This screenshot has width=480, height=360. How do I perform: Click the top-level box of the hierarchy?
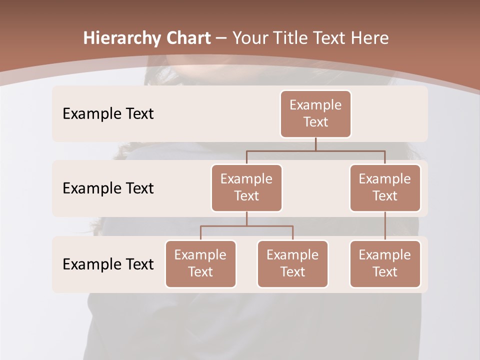(315, 113)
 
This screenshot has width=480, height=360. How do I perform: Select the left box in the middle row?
(246, 187)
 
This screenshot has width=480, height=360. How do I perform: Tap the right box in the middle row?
(385, 187)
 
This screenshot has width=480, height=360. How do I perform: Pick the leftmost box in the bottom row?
(200, 263)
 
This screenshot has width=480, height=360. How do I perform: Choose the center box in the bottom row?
(292, 263)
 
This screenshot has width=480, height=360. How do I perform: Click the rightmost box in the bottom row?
(385, 263)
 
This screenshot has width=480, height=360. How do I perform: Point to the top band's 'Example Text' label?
(108, 113)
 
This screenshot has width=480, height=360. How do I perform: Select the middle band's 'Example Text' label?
(108, 188)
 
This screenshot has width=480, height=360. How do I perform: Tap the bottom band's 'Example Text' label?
(108, 264)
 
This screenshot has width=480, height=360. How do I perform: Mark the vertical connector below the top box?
(315, 144)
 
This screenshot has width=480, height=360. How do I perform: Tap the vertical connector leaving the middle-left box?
(246, 218)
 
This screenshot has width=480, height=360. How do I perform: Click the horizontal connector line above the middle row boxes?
(315, 150)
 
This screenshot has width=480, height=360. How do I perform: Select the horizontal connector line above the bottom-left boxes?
(246, 226)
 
